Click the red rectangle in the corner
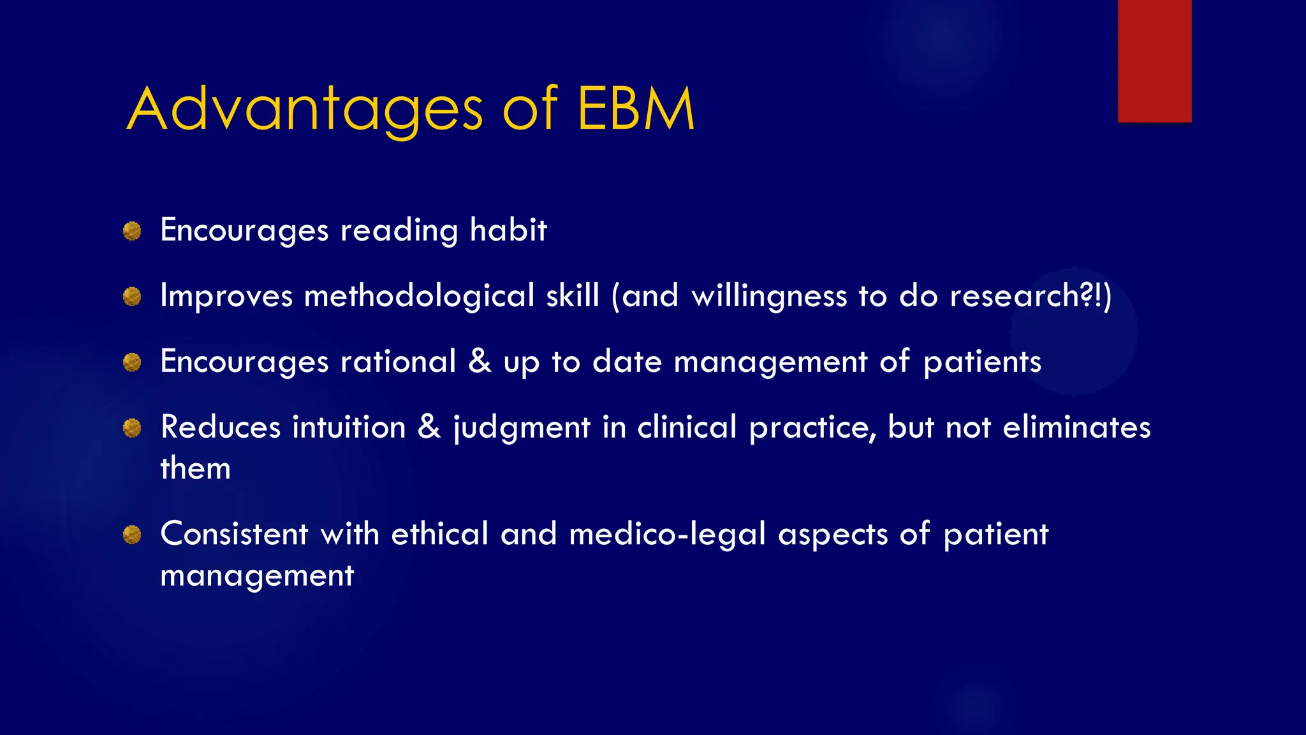tap(1154, 61)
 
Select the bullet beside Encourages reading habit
tap(132, 231)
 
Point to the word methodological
tap(419, 296)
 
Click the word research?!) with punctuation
tap(1031, 296)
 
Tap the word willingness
tap(769, 296)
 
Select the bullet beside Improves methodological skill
tap(132, 297)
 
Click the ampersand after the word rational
tap(480, 360)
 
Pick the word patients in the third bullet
tap(982, 362)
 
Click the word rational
tap(398, 362)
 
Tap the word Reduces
tap(221, 427)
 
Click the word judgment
tap(522, 427)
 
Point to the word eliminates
tap(1076, 427)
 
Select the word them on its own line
tap(195, 468)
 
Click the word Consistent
tap(234, 533)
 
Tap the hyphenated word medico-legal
tap(667, 534)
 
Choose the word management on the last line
tap(257, 575)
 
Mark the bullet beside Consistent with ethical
tap(132, 535)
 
